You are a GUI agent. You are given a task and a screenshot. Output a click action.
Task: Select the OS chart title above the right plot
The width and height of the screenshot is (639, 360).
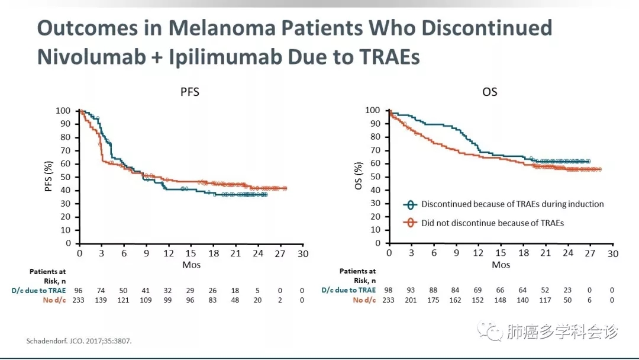[489, 92]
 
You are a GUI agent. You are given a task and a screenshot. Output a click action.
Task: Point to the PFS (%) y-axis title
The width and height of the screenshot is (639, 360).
[49, 176]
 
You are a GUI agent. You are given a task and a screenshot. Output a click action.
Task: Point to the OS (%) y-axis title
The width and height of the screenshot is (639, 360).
[359, 176]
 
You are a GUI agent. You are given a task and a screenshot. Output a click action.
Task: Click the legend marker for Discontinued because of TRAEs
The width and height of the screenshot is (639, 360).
[410, 204]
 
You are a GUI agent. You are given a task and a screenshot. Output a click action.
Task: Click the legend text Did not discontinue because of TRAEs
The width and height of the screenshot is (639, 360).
[492, 223]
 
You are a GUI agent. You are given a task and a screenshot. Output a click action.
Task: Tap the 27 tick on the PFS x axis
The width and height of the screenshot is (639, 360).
[280, 253]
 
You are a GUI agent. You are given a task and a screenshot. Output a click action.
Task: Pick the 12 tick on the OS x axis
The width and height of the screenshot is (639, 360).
[478, 253]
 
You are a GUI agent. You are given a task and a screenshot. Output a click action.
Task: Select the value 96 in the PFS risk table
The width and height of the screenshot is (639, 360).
[78, 290]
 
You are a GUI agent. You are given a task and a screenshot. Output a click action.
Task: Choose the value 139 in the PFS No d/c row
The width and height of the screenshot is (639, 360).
[101, 300]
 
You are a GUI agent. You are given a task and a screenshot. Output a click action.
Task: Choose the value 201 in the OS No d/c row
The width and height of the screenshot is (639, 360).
[411, 300]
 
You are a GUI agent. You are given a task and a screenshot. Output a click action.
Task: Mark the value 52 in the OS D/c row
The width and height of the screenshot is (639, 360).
[545, 290]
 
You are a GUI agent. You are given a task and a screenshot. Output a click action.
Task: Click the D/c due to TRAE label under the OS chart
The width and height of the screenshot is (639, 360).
[348, 290]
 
